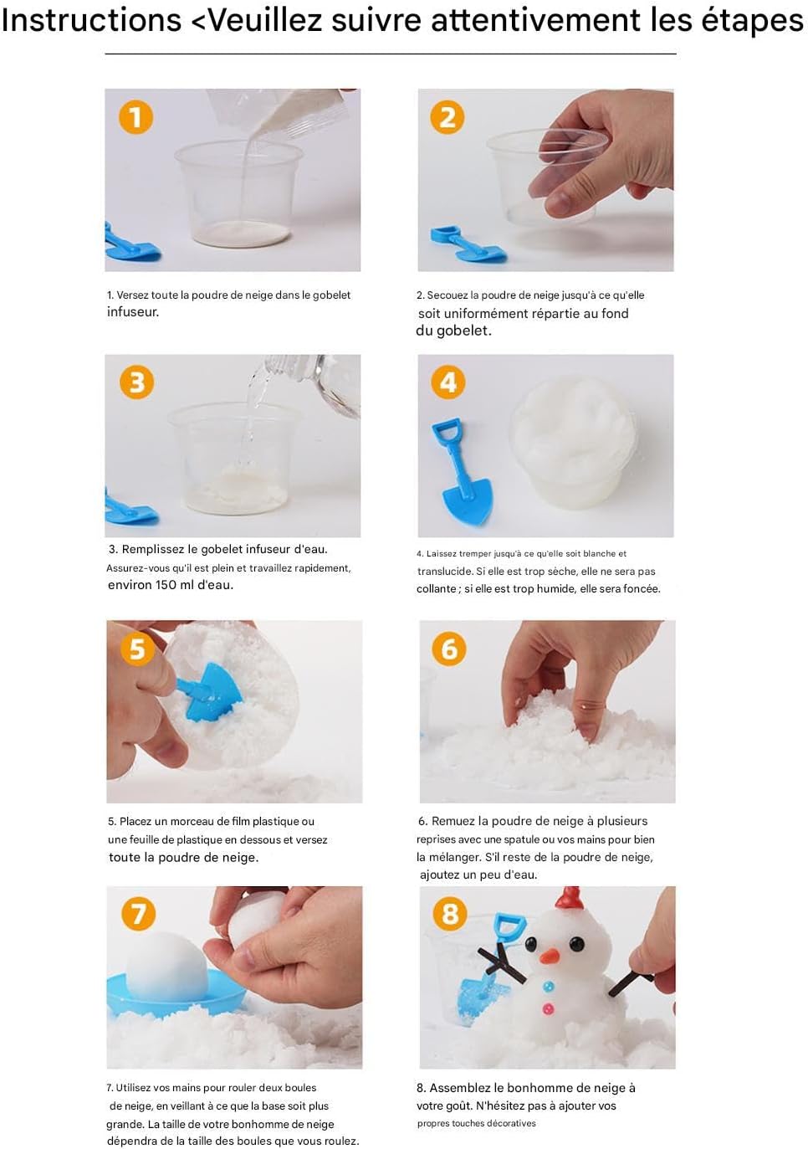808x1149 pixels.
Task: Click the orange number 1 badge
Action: (x=136, y=117)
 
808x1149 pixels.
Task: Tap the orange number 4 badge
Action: (x=448, y=382)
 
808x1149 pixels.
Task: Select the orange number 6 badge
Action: (x=449, y=649)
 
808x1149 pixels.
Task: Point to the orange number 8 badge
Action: (x=450, y=914)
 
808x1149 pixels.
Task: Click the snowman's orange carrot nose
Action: (x=550, y=955)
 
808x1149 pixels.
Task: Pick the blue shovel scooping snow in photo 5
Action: (x=209, y=690)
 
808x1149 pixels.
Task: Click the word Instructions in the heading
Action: (x=92, y=21)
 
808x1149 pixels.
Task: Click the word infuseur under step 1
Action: (x=133, y=312)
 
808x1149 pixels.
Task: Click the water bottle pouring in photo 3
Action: (x=308, y=385)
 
